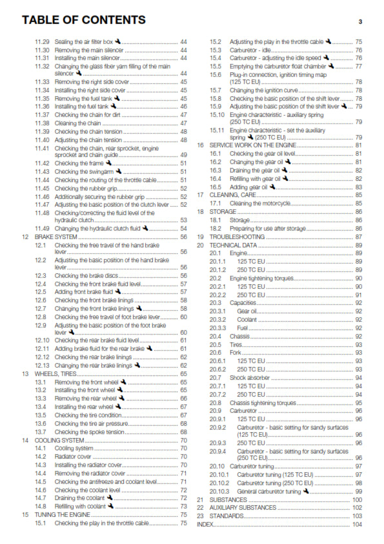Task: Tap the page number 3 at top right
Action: coord(360,21)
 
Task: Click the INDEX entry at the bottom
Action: coord(205,524)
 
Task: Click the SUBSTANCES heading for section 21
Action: coord(228,499)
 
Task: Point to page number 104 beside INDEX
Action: coord(357,524)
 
